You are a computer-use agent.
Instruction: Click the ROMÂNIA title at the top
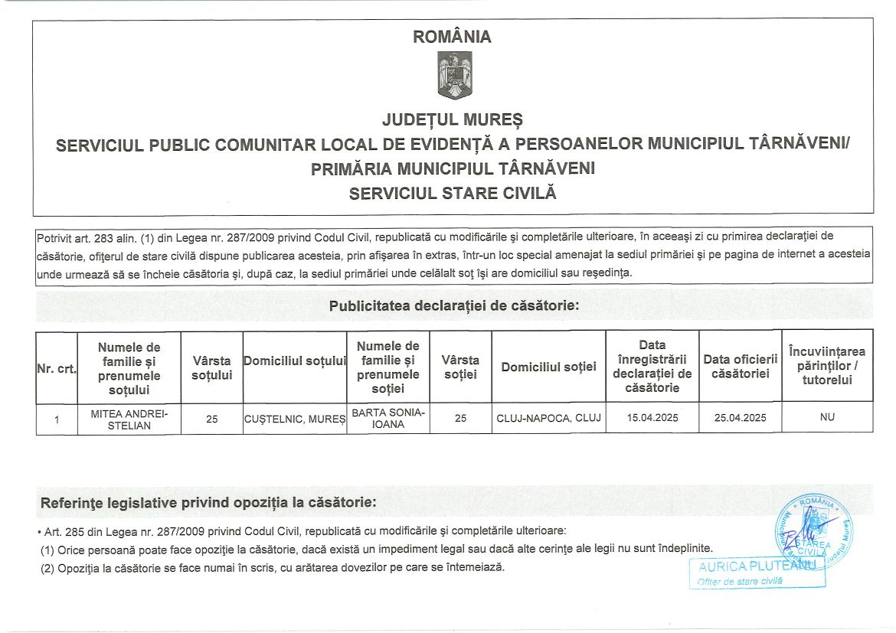(452, 37)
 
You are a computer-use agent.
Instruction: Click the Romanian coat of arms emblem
(454, 75)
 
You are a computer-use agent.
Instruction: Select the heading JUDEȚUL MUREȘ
(452, 120)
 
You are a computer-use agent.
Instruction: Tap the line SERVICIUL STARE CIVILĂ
(452, 194)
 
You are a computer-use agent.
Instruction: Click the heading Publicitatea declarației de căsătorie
(453, 306)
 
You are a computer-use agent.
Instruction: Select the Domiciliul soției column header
(548, 367)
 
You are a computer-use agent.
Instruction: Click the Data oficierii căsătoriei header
(740, 366)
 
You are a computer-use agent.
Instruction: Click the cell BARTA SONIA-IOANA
(388, 419)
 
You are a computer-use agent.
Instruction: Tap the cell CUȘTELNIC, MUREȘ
(294, 419)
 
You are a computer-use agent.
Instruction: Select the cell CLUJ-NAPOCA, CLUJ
(548, 419)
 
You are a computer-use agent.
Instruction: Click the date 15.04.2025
(652, 419)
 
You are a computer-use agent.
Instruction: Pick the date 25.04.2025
(740, 419)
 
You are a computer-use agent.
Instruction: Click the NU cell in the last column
(826, 418)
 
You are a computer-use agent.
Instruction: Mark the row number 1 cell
(57, 419)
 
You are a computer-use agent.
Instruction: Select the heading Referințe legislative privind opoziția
(208, 503)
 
